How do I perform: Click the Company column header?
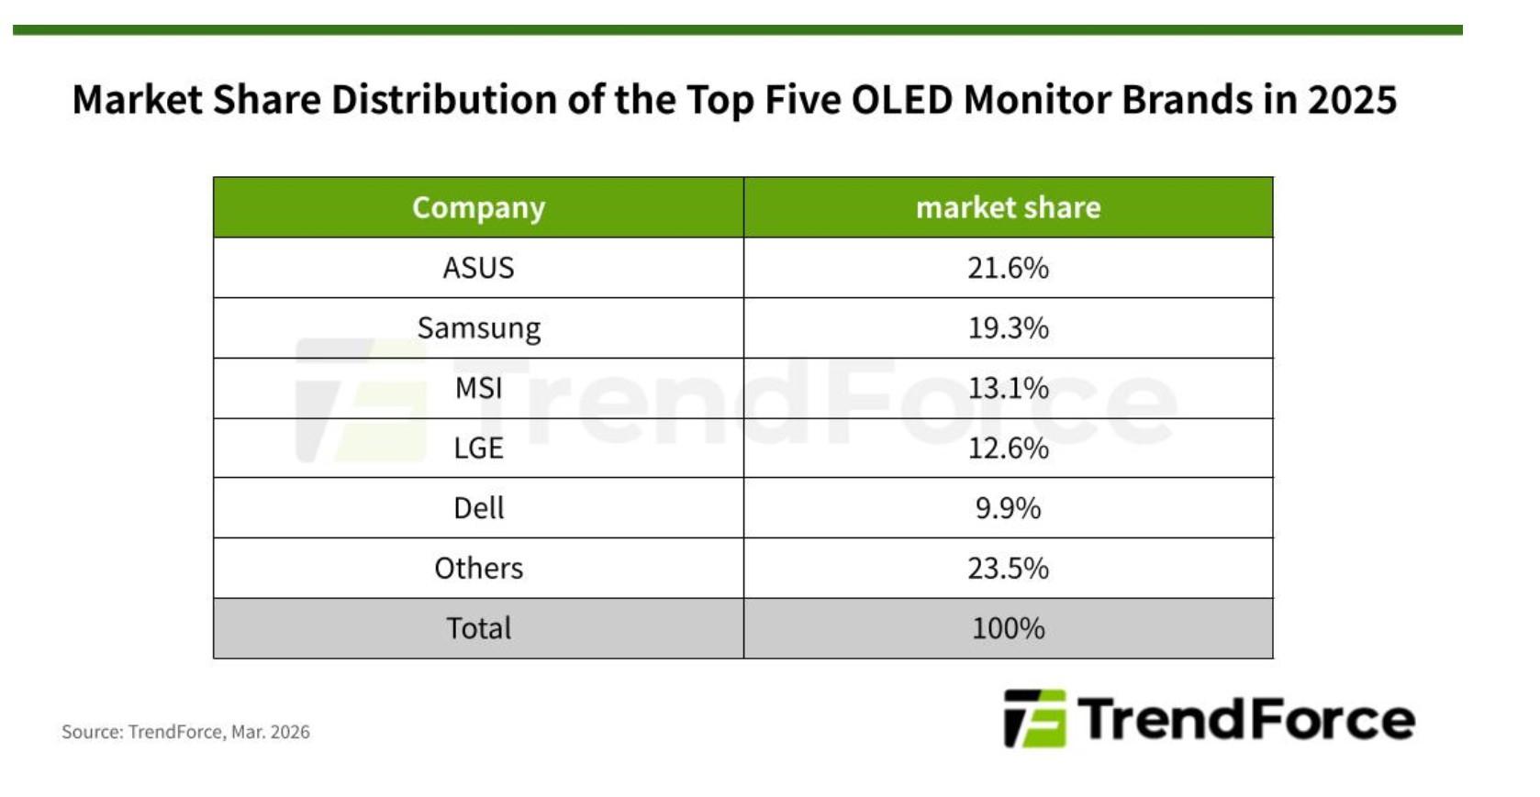coord(478,207)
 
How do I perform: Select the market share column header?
coord(1008,207)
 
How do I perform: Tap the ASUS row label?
coord(478,268)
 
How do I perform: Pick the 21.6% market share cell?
coord(1008,268)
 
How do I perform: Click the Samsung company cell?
coord(478,328)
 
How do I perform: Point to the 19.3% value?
coord(1008,328)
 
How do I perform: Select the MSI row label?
coord(478,388)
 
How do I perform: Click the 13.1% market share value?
coord(1008,388)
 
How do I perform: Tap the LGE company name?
coord(478,448)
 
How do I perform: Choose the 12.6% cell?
coord(1008,448)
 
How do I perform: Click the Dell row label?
coord(478,508)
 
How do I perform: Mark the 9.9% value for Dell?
coord(1008,508)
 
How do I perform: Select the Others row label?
coord(478,569)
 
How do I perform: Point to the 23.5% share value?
coord(1008,569)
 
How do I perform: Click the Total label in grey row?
coord(478,628)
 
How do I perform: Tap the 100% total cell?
coord(1008,628)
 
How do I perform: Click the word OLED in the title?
coord(902,99)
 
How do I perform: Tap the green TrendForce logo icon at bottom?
coord(1034,718)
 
